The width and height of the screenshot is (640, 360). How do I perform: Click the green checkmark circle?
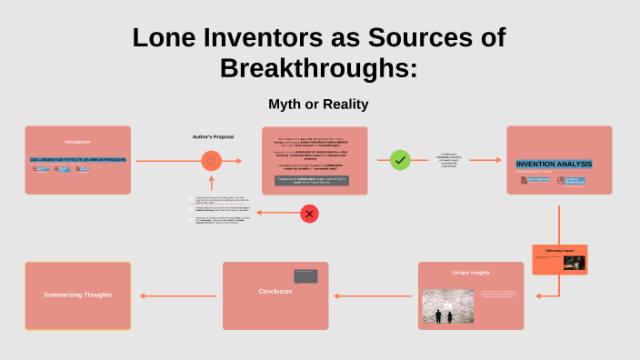(400, 160)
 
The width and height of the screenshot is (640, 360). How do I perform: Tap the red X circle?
(309, 214)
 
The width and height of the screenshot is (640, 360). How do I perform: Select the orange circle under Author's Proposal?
(211, 161)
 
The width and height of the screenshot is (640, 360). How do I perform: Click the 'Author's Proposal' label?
(213, 136)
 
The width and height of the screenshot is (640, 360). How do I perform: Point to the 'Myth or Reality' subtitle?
(318, 104)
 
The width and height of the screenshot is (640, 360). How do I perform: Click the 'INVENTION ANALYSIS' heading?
(554, 165)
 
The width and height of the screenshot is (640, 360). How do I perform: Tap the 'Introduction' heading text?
(77, 142)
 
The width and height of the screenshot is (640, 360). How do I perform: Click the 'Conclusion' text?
(275, 291)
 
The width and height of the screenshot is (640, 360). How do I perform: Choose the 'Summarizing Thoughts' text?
(78, 295)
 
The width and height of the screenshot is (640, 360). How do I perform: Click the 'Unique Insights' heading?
(471, 272)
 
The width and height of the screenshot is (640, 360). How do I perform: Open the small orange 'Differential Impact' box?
(559, 259)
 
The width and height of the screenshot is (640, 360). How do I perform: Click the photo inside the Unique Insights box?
(447, 306)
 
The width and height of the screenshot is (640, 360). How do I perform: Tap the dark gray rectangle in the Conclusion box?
(305, 275)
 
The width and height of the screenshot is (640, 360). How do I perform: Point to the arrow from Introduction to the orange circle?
(165, 161)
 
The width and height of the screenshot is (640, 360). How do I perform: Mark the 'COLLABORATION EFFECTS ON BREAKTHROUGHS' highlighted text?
(77, 159)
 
